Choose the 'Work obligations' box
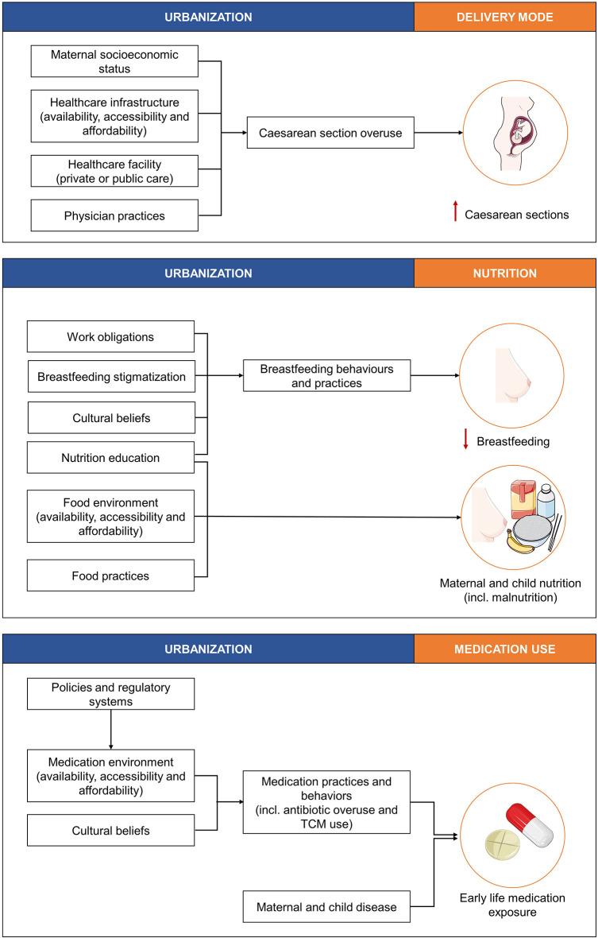click(110, 336)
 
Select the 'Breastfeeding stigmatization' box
click(110, 377)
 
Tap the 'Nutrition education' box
click(110, 457)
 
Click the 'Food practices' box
click(110, 576)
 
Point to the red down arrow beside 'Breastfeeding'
click(465, 439)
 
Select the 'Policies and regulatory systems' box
click(110, 693)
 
